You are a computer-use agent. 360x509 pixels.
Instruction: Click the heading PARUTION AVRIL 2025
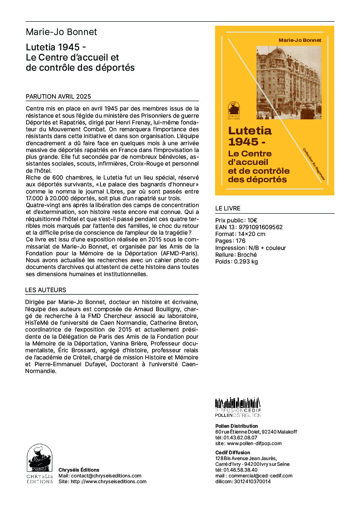point(58,96)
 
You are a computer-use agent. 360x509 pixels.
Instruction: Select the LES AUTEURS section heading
point(46,290)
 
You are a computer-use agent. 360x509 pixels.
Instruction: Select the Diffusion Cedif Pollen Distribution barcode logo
point(238,407)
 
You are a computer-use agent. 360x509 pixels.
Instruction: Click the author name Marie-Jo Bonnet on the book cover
point(300,40)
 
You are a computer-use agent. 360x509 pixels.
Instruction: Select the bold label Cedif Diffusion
point(233,453)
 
